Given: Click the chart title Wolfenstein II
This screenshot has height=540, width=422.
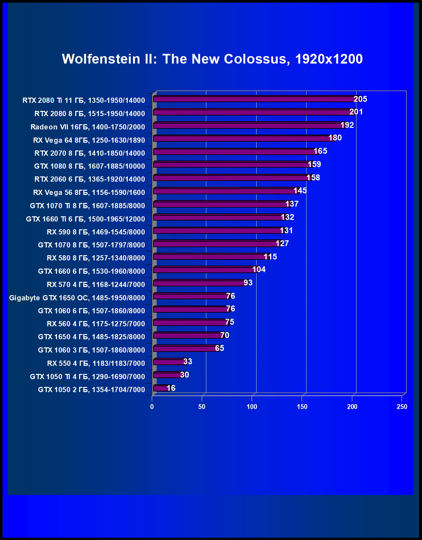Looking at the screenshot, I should (x=212, y=59).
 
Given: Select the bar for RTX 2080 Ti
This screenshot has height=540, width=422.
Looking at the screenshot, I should (x=255, y=99).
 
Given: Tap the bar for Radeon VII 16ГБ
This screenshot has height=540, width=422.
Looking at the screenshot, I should (x=248, y=126).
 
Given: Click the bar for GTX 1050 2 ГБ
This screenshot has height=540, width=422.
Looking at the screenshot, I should (x=161, y=388).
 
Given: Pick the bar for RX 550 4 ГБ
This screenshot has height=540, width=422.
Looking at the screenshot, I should (x=169, y=362).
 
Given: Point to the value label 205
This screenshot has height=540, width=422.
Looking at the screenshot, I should (x=360, y=99).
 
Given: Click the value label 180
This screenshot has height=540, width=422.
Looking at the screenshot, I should (x=335, y=138).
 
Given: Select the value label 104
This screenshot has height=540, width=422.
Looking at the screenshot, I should (x=259, y=270).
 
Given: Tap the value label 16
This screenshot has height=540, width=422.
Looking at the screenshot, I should (x=171, y=388).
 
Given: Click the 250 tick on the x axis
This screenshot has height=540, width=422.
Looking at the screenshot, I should (x=402, y=407).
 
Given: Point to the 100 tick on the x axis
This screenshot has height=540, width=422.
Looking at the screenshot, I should (x=252, y=407).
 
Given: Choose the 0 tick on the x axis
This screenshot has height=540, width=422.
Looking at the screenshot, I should (x=152, y=407).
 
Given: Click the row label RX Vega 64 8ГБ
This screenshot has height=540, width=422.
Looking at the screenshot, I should (x=89, y=140).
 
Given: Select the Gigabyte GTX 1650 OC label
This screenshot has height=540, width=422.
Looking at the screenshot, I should (x=77, y=298).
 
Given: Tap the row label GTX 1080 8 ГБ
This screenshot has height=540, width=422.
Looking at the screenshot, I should (x=90, y=166).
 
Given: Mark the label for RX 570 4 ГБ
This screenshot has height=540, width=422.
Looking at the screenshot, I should (x=96, y=284).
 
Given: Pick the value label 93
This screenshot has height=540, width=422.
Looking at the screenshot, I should (x=248, y=283).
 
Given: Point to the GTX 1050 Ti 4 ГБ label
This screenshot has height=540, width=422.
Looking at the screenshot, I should (x=87, y=377).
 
